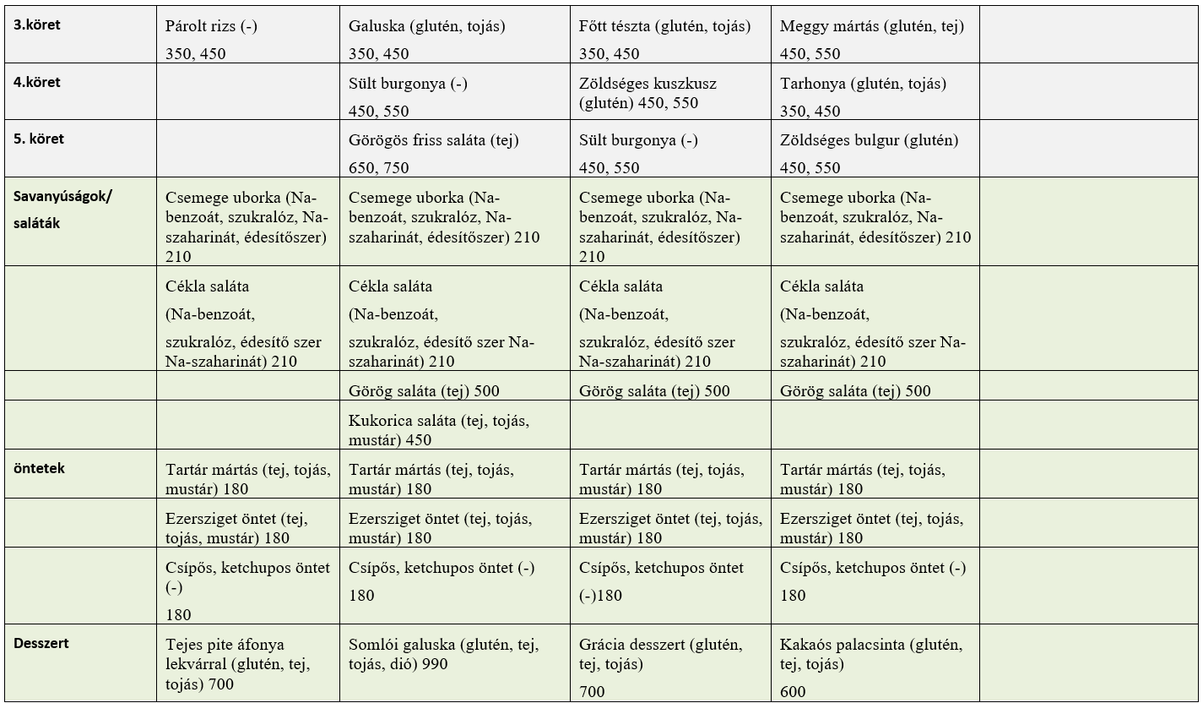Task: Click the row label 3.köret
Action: coord(36,25)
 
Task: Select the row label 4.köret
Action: coord(36,83)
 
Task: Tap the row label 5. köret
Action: coord(39,139)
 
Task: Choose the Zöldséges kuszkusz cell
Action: coord(648,93)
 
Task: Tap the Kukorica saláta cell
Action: coord(439,429)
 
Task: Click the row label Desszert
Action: coord(41,643)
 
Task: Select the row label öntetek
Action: coord(39,468)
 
